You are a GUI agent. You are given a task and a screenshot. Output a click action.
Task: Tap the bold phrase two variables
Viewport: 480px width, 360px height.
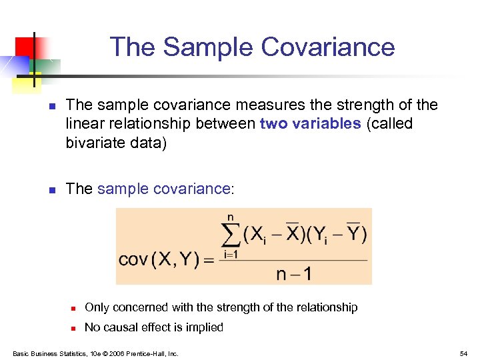pyautogui.click(x=311, y=123)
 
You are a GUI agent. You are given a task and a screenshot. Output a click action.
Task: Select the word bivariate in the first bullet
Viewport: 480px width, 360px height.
pyautogui.click(x=92, y=142)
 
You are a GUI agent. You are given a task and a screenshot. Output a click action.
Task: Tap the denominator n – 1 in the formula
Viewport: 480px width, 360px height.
pyautogui.click(x=293, y=273)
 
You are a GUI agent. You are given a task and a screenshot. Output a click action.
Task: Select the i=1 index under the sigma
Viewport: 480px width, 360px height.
pyautogui.click(x=229, y=254)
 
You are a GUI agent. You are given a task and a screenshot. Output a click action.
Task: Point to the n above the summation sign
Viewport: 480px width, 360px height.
pyautogui.click(x=231, y=217)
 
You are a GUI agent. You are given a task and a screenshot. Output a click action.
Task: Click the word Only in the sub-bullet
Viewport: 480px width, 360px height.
pyautogui.click(x=97, y=307)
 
